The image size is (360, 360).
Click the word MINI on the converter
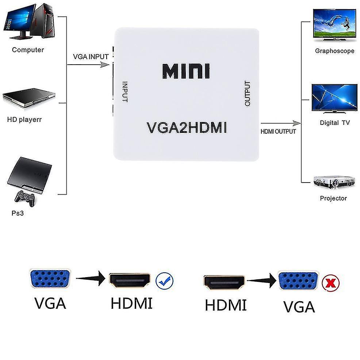(186, 71)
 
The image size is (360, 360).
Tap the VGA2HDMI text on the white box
(187, 128)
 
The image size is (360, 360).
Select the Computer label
(28, 50)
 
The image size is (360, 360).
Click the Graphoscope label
(334, 51)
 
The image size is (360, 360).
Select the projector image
(334, 182)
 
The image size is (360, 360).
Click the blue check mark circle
(165, 281)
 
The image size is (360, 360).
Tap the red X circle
(331, 282)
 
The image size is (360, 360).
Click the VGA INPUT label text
(91, 57)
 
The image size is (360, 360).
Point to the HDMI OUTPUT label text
(278, 131)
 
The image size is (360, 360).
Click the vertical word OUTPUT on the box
(248, 93)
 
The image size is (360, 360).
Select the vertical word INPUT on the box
(125, 92)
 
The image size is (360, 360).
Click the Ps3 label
(18, 213)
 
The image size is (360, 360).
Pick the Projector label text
(333, 198)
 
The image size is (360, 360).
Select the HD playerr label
(24, 119)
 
